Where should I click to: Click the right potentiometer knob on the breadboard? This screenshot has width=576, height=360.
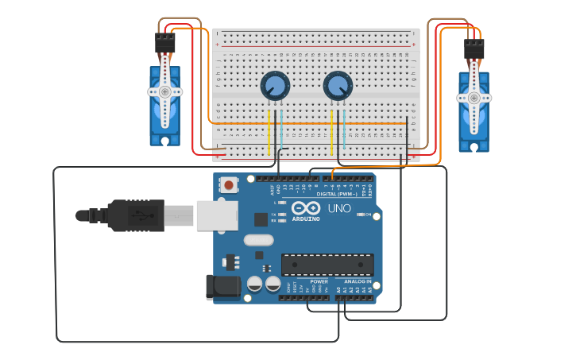338,85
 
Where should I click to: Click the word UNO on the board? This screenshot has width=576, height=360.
339,209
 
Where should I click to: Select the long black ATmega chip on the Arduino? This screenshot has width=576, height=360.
327,265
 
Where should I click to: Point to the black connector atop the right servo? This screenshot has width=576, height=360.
474,49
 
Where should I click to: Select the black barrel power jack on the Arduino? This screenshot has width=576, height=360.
222,288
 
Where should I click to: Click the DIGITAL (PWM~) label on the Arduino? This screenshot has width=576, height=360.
338,194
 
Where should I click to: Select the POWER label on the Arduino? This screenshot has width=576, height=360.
319,281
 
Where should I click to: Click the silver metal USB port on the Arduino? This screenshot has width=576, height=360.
216,215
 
